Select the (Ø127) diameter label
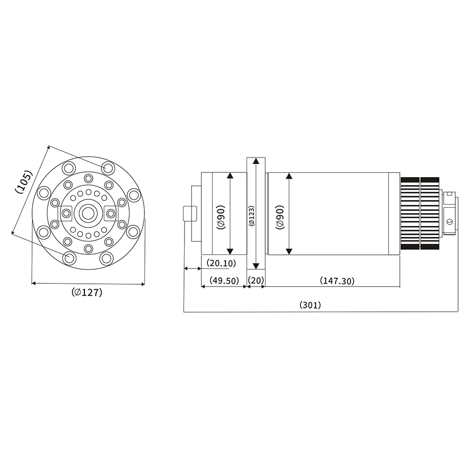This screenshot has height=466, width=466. [x=87, y=293]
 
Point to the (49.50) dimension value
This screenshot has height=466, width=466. [x=224, y=281]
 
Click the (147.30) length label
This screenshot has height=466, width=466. [x=337, y=281]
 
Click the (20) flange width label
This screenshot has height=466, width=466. [x=256, y=281]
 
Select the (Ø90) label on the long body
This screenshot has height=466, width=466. [x=280, y=217]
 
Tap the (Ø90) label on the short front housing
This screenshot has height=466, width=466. [x=220, y=217]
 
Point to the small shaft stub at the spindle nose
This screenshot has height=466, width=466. [x=189, y=213]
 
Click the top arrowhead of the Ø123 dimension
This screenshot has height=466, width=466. [x=255, y=161]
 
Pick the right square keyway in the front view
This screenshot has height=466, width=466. [x=110, y=213]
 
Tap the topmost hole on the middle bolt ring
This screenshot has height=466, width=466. [x=88, y=178]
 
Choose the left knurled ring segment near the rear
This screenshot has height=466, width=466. [x=410, y=213]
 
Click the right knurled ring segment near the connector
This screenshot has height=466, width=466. [x=430, y=213]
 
